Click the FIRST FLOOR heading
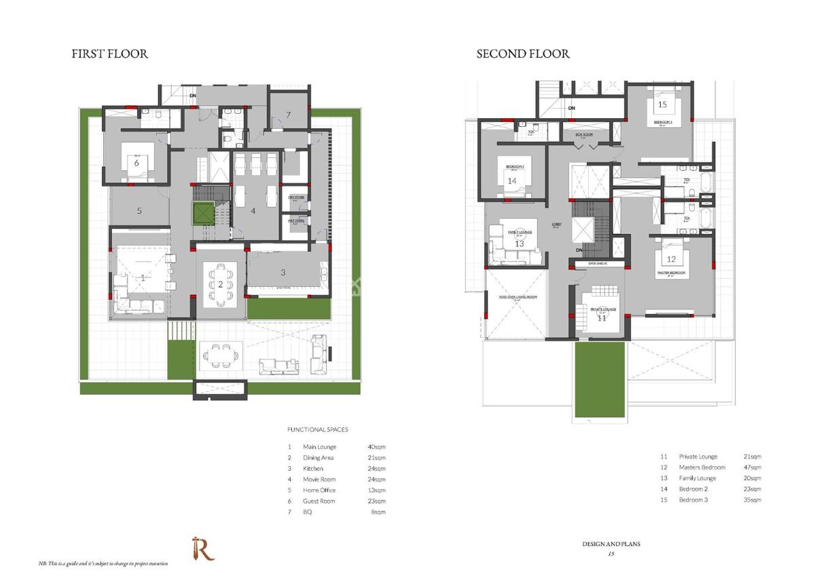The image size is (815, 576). [109, 54]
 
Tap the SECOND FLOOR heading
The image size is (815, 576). [522, 54]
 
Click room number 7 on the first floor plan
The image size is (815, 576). [288, 115]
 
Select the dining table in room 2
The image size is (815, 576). [221, 284]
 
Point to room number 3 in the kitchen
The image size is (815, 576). [283, 273]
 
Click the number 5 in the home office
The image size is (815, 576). [139, 211]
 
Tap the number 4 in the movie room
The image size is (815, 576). [253, 211]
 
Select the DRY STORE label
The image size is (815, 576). [296, 197]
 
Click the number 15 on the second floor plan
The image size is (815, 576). [662, 104]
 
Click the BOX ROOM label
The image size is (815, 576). [584, 134]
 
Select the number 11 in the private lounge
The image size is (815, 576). [602, 318]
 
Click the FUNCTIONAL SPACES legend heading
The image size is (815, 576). [317, 430]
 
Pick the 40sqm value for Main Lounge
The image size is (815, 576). [376, 447]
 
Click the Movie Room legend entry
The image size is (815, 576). [319, 480]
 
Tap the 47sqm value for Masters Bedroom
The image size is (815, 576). [752, 467]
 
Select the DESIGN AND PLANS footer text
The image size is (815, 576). [611, 544]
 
